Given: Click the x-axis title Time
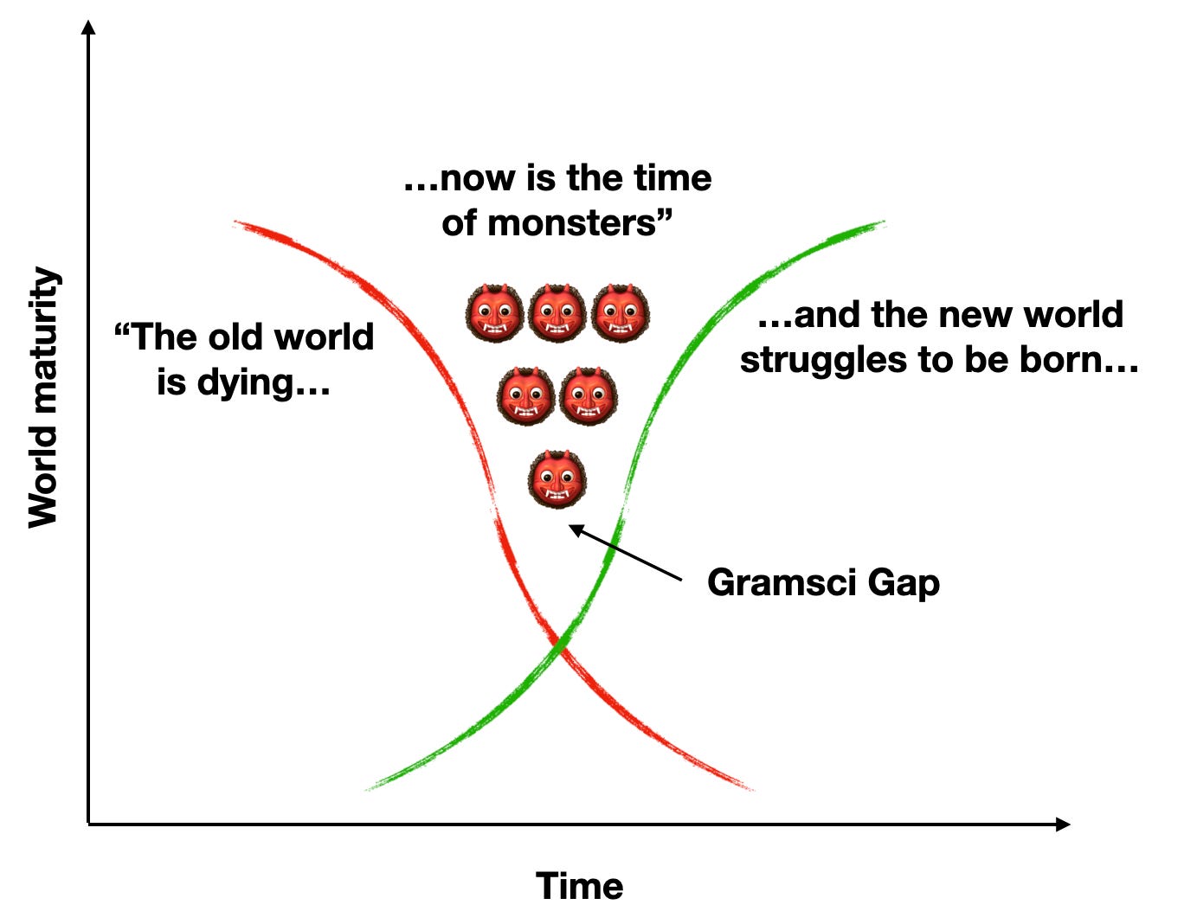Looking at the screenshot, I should (579, 886).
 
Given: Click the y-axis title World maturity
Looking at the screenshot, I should (43, 397).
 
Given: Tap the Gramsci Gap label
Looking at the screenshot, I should (822, 582).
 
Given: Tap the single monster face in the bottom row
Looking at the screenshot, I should (557, 478).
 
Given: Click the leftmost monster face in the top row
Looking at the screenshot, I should (494, 313).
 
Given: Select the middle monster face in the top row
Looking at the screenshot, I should (557, 313).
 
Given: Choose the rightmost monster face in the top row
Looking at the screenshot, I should (621, 313).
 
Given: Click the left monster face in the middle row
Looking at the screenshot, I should (525, 395).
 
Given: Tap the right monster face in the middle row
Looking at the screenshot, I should (589, 395).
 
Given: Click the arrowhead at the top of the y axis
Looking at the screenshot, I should (87, 28).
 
